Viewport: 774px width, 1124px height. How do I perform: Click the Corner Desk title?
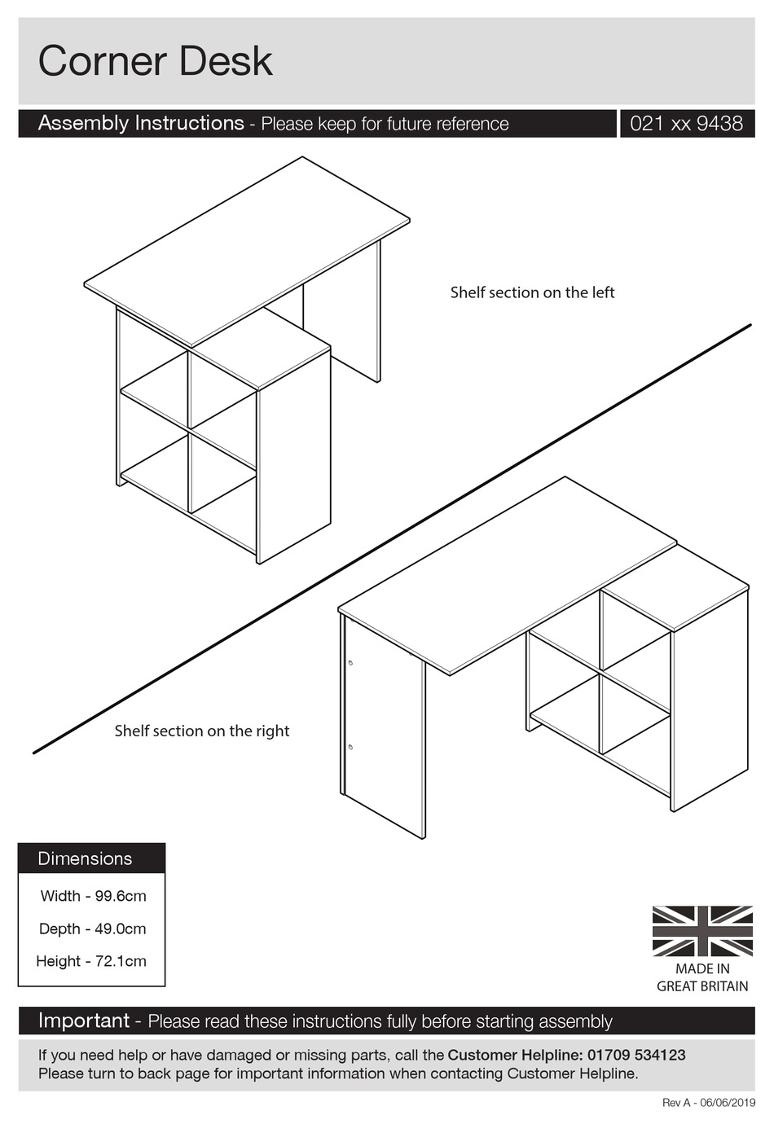155,61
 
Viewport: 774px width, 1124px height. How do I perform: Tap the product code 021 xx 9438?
686,124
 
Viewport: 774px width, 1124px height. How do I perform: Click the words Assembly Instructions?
141,123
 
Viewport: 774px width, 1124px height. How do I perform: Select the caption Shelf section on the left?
532,292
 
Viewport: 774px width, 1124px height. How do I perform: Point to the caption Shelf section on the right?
201,731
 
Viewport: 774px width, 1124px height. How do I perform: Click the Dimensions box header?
85,858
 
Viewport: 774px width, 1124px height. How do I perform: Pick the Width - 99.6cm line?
93,896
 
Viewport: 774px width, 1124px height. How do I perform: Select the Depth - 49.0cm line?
92,929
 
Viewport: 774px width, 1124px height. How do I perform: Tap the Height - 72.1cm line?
91,961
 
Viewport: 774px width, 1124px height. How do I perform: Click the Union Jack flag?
702,931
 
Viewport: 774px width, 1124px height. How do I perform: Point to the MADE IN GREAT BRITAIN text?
702,977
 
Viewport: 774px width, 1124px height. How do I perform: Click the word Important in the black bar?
84,1021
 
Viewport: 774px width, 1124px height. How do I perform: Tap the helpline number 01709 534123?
635,1055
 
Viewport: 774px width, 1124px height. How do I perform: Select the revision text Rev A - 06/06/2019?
708,1103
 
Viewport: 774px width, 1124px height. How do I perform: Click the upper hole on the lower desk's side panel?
350,663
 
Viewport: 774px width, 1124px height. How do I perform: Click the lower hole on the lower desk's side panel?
350,746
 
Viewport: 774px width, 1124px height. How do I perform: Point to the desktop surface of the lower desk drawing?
505,570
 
